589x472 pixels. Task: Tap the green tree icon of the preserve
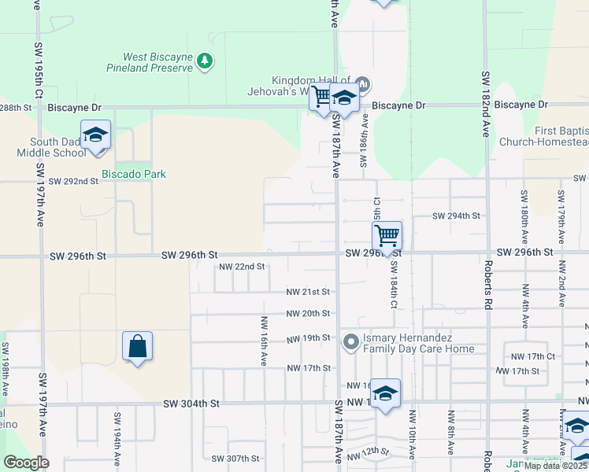[205, 61]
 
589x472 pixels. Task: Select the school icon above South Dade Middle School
[95, 135]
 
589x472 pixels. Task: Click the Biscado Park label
[134, 174]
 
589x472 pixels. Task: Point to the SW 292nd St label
[73, 181]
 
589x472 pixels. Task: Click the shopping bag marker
[137, 345]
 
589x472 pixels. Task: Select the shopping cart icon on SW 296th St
[387, 234]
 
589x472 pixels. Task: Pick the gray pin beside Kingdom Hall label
[362, 83]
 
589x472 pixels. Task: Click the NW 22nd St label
[242, 267]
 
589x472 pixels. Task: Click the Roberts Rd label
[488, 283]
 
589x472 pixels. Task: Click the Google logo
[26, 463]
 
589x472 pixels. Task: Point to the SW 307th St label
[235, 459]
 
